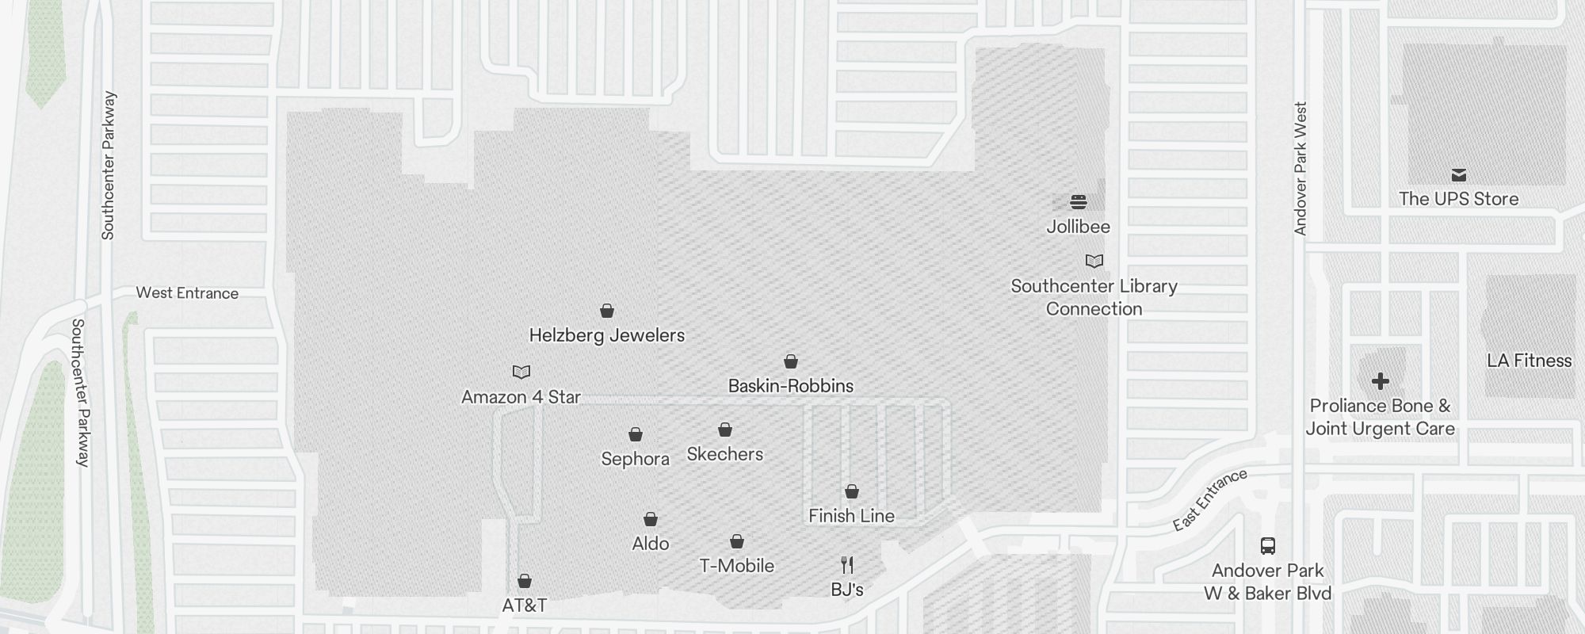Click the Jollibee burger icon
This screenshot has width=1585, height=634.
[x=1078, y=201]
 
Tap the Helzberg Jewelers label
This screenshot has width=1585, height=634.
[x=606, y=335]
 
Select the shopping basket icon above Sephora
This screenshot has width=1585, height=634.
[x=635, y=434]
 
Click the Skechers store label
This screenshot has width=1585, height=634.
[x=724, y=454]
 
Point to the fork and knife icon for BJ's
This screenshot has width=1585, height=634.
[x=847, y=565]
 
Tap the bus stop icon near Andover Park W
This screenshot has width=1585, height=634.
[x=1267, y=545]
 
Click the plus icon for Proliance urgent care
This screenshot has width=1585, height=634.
[x=1380, y=381]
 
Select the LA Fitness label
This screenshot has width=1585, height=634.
[x=1529, y=361]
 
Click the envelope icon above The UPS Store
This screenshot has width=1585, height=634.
[x=1458, y=175]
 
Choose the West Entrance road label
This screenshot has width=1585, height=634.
[x=187, y=293]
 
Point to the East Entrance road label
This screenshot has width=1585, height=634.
[x=1210, y=499]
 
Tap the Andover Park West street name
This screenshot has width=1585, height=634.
[x=1300, y=168]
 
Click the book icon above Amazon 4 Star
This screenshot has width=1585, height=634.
[x=521, y=372]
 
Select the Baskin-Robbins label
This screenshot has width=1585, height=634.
[x=790, y=386]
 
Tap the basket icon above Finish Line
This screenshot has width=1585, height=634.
[x=851, y=491]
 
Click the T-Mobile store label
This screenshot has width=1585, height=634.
[x=736, y=566]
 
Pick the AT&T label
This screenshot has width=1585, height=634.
[x=524, y=605]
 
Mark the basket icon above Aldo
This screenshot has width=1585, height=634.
[x=650, y=519]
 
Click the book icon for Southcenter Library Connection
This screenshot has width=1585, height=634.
[x=1094, y=261]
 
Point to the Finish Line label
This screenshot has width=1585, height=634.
[x=851, y=516]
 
